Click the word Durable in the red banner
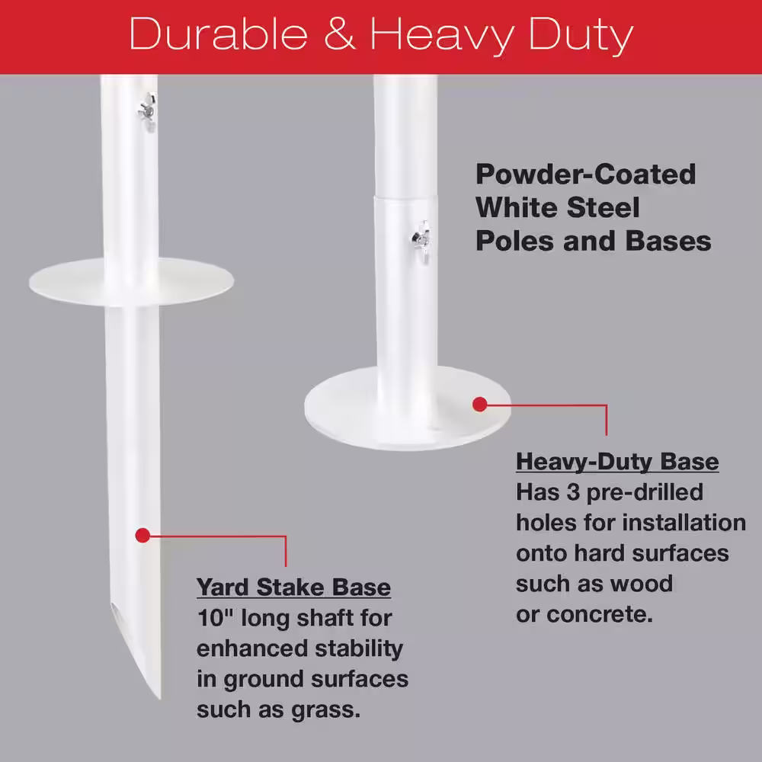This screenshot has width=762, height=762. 219,34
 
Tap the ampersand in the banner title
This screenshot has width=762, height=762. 339,34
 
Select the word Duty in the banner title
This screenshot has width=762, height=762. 581,37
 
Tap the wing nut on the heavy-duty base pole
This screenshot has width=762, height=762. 421,239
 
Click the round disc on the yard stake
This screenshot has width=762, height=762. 131,282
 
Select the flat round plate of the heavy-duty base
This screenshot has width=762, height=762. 407,408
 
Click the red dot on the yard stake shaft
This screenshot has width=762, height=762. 142,536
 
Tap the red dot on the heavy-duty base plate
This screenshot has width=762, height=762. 479,404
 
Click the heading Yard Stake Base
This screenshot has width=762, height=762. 293,587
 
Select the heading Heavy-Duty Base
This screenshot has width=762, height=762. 617,462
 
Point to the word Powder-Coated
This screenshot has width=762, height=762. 585,174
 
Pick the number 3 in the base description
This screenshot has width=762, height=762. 573,491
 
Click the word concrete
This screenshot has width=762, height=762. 600,615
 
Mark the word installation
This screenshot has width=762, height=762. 684,523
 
